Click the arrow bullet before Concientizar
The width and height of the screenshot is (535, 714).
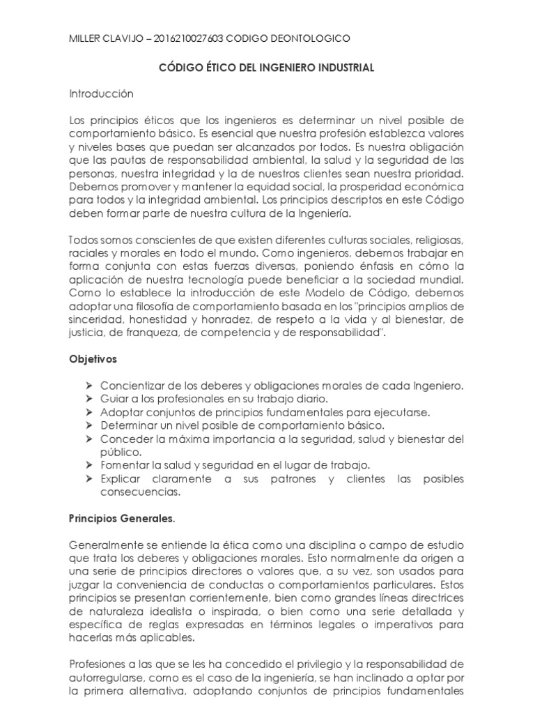click(88, 386)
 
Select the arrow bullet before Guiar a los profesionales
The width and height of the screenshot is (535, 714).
click(88, 398)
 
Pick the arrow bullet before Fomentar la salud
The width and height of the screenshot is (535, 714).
click(88, 465)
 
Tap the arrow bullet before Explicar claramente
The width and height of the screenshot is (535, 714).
click(88, 478)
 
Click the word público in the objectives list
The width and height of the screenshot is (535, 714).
click(121, 452)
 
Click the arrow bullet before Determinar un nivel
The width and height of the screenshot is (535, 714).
click(88, 425)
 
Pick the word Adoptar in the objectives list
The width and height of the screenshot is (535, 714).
click(120, 412)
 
